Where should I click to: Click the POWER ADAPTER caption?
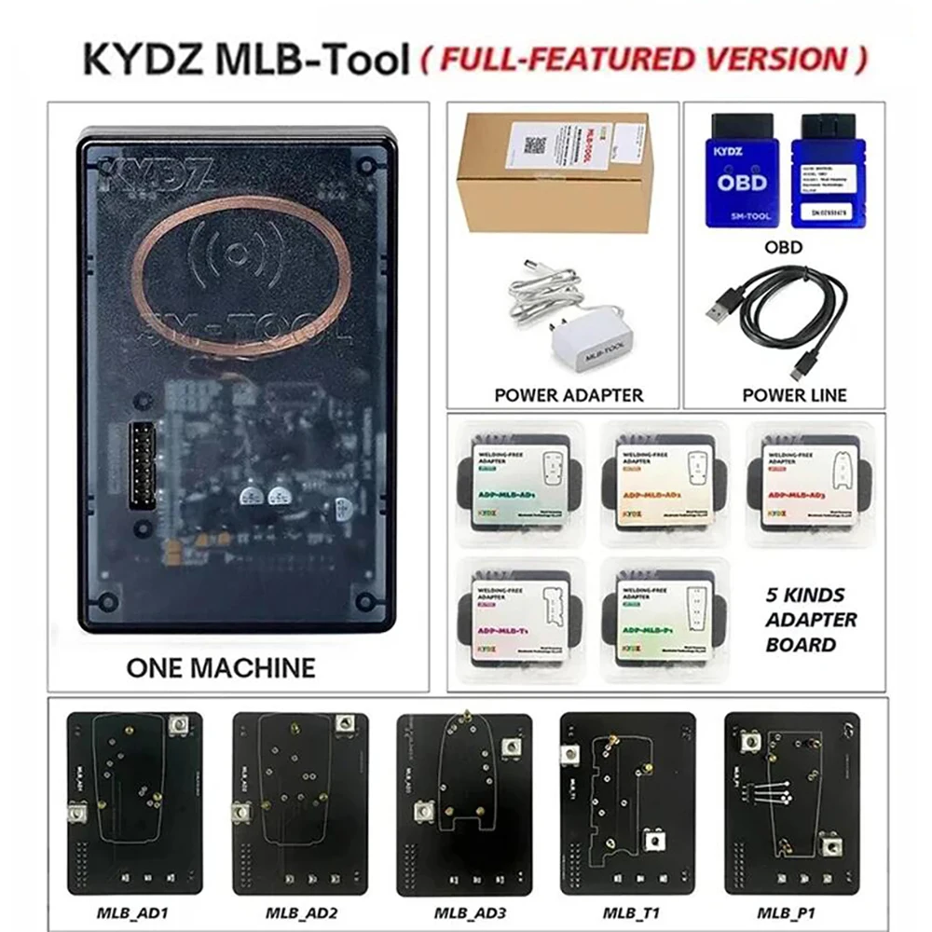pyautogui.click(x=568, y=394)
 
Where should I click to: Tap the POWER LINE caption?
pyautogui.click(x=794, y=394)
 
